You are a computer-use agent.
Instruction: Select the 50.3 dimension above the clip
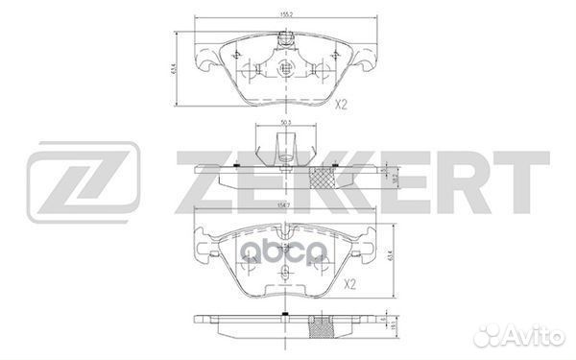[285, 123]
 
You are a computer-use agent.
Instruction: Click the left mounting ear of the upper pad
[204, 64]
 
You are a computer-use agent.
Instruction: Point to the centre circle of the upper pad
[285, 69]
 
